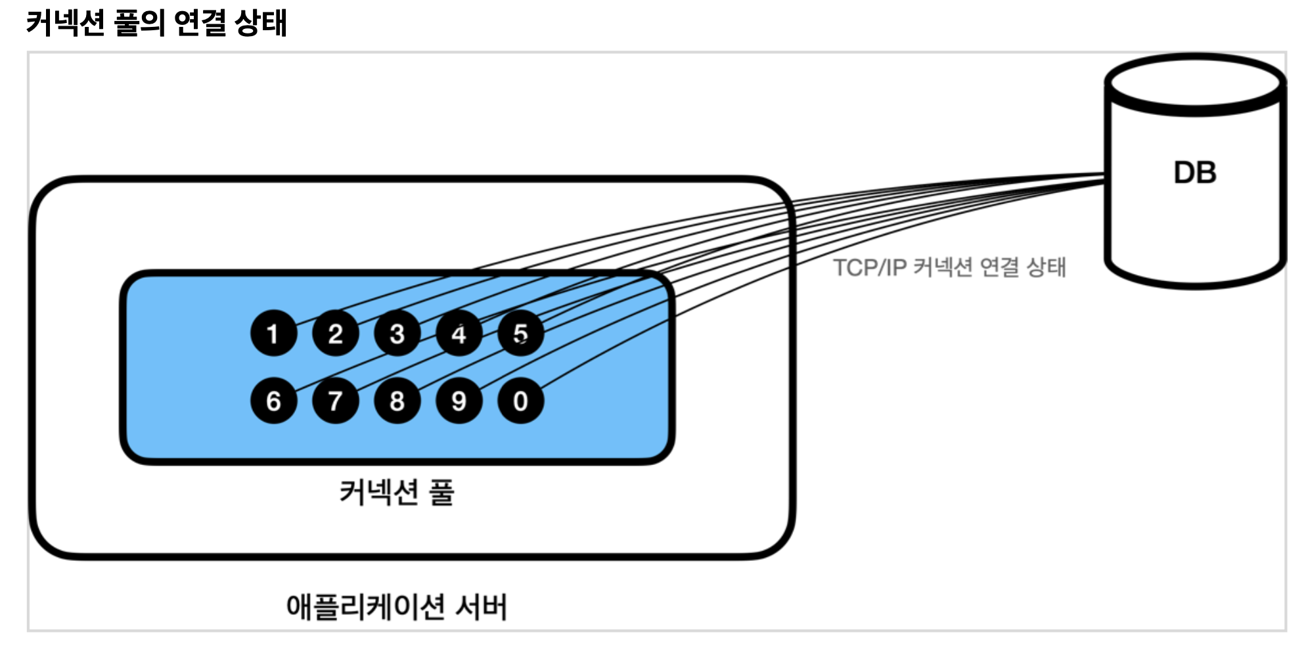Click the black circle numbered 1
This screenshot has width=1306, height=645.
click(x=273, y=333)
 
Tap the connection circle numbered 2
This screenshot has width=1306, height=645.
click(x=335, y=333)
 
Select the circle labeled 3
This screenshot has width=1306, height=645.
click(x=397, y=333)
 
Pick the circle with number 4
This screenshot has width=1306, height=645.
click(x=459, y=333)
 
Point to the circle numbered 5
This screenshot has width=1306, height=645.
click(x=520, y=333)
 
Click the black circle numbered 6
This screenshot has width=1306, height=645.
click(x=273, y=401)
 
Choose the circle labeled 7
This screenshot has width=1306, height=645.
click(x=335, y=401)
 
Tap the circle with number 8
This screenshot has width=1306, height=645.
click(x=397, y=401)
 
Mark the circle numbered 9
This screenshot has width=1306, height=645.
click(x=459, y=401)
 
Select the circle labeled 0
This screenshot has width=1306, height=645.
click(x=520, y=401)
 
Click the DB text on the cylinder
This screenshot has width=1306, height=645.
click(x=1195, y=173)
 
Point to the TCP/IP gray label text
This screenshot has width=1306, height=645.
click(x=949, y=267)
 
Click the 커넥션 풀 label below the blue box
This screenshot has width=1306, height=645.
click(x=397, y=492)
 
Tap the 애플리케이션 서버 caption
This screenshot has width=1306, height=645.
click(x=397, y=606)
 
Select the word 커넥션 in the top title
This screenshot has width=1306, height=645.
click(x=66, y=22)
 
